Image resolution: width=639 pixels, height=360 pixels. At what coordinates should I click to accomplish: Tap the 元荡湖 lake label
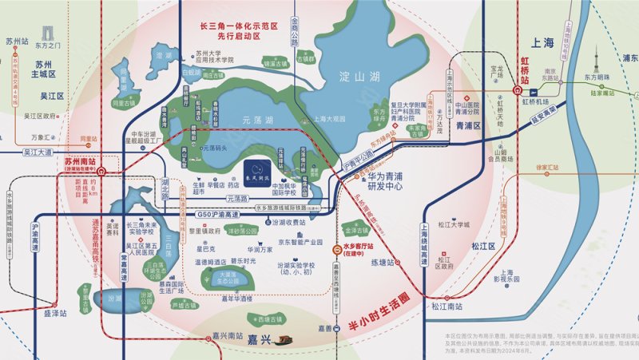[x=257, y=120]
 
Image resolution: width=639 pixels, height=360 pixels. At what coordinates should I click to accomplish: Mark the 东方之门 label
[x=48, y=45]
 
